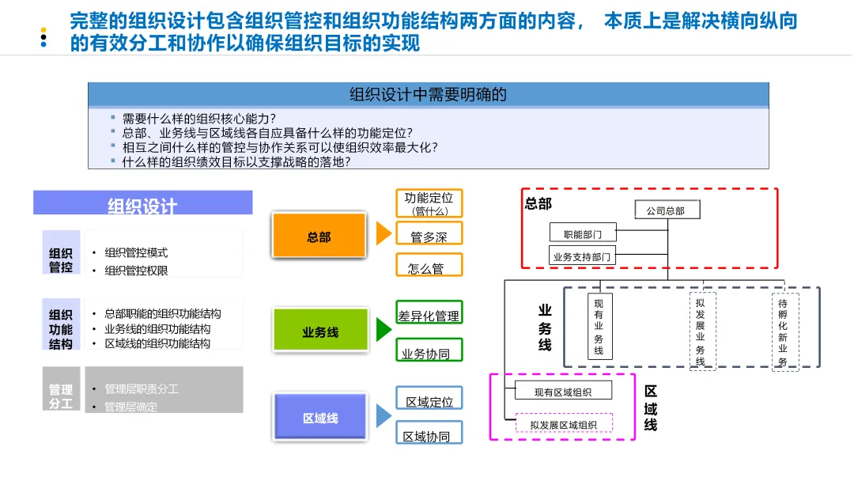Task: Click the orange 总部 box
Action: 319,236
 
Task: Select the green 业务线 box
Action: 320,331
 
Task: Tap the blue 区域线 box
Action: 320,417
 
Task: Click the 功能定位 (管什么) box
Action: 429,203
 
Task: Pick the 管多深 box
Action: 429,236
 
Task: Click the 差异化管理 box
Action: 429,314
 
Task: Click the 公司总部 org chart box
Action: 667,210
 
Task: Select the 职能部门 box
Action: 583,233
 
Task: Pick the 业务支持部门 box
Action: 582,256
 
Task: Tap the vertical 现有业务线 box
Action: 599,327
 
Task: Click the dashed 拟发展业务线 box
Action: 701,331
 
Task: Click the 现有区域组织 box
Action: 562,391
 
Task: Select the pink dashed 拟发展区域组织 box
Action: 564,424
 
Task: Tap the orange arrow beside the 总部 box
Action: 384,233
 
